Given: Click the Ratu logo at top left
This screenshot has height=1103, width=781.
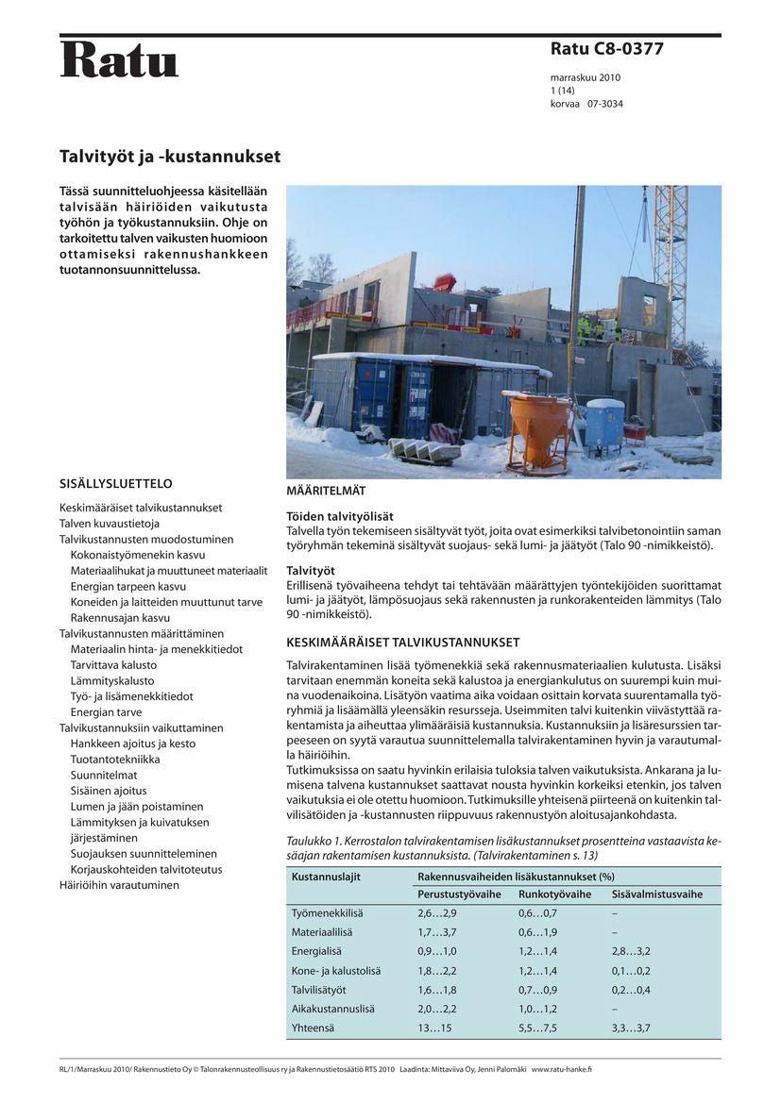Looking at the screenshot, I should (119, 59).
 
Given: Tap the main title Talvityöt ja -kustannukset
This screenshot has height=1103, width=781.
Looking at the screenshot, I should (170, 156).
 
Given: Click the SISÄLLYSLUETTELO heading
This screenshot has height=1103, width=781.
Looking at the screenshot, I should (115, 484).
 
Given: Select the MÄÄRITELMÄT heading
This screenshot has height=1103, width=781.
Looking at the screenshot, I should (326, 492).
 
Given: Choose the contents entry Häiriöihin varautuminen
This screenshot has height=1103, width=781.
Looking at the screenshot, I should (119, 885).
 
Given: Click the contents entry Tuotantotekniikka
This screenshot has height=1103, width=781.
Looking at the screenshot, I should (115, 760).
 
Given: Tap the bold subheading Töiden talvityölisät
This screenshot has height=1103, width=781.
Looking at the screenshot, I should (340, 516).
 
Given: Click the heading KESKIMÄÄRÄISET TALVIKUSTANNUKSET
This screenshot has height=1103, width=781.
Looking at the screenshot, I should (403, 643).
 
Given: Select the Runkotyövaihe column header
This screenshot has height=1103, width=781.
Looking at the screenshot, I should (554, 894).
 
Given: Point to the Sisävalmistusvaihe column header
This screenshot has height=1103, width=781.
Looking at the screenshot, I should (657, 894).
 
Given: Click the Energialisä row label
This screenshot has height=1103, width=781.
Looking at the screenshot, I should (316, 951).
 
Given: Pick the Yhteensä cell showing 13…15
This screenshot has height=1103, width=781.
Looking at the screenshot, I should (434, 1028).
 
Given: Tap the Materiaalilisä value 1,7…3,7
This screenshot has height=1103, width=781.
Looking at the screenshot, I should (437, 932).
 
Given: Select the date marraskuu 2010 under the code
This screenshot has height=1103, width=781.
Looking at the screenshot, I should (586, 77).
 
